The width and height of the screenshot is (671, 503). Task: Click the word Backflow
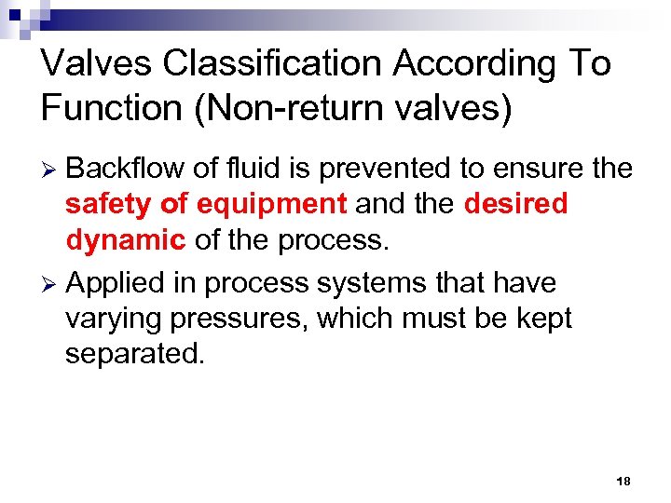125,169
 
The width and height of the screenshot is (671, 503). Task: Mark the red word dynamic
125,239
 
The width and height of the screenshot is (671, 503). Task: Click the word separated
133,353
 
